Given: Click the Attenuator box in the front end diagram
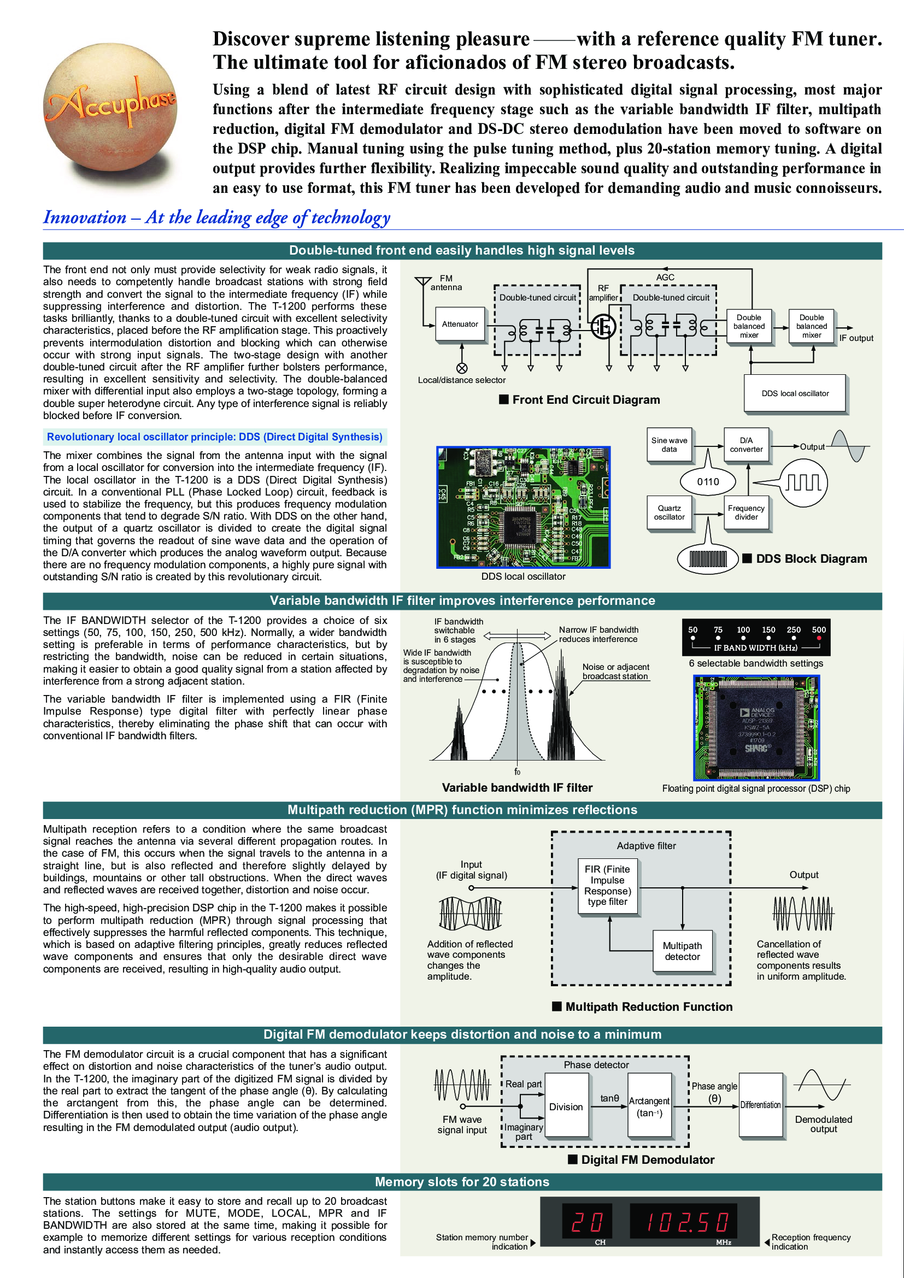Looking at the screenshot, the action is tap(460, 324).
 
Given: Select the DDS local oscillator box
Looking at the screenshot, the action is tap(795, 393).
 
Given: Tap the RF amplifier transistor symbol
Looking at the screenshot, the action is tap(603, 326).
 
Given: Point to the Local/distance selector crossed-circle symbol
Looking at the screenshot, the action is tap(461, 368).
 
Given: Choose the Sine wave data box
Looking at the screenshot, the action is tap(669, 445).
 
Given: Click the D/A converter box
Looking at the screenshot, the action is tap(746, 445).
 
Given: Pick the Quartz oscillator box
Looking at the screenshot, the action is tap(669, 513).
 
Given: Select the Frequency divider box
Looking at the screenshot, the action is tap(746, 513).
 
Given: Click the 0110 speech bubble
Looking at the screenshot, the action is tap(708, 481).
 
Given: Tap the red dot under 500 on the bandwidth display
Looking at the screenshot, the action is tap(819, 638).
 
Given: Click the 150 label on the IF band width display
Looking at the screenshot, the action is tap(768, 629).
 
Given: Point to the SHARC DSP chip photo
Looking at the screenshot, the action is tap(756, 728).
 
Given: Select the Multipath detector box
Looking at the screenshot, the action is tap(683, 951).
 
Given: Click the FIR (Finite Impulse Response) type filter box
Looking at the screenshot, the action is tap(607, 886).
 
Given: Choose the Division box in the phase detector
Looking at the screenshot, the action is tap(566, 1106).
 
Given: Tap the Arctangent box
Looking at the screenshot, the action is tap(649, 1106).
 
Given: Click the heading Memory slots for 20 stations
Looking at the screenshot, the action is tap(462, 1181).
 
